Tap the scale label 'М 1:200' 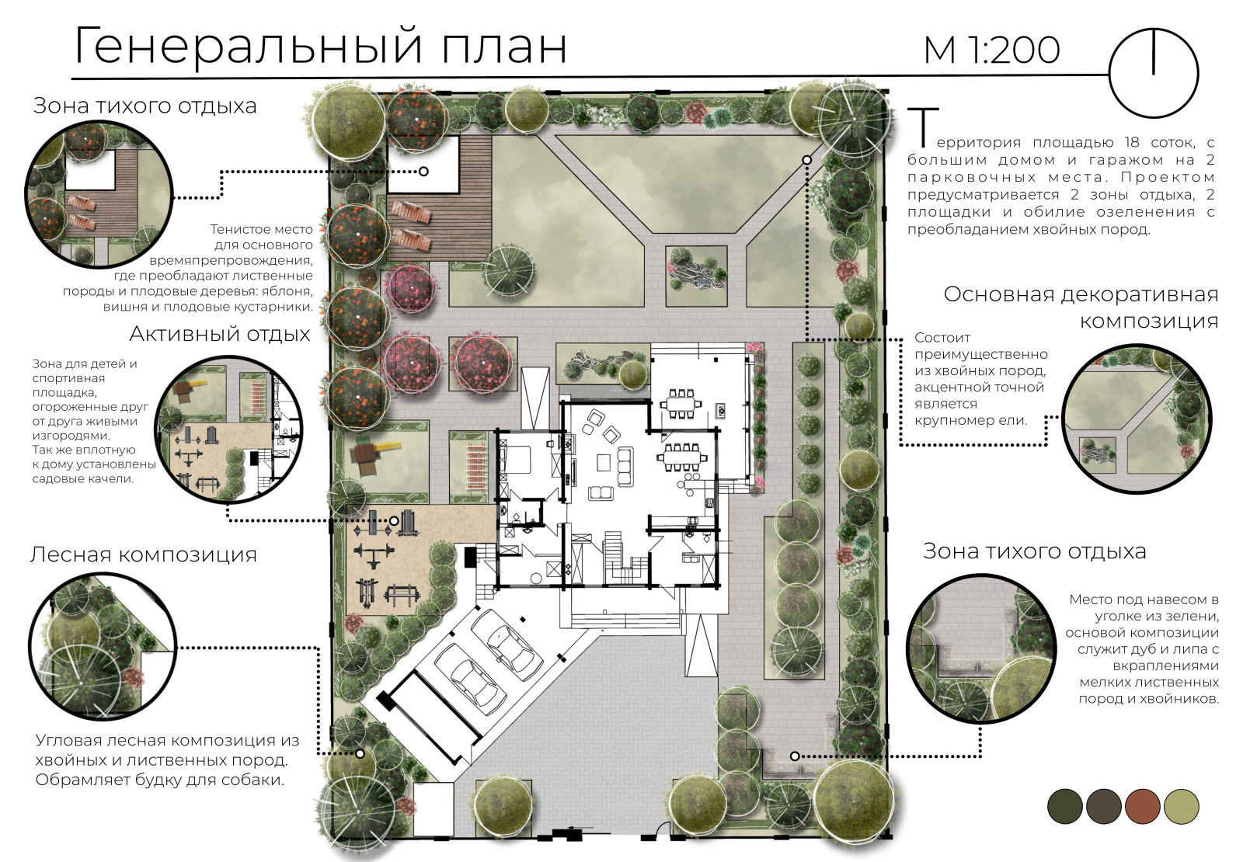click(991, 50)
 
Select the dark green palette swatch click(1064, 805)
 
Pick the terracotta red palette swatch click(1142, 805)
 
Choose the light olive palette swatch click(1181, 805)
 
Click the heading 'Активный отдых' click(219, 334)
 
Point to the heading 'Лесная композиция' click(143, 554)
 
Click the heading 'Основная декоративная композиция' click(1080, 308)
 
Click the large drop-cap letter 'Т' click(922, 128)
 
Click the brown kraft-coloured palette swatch click(1103, 805)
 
